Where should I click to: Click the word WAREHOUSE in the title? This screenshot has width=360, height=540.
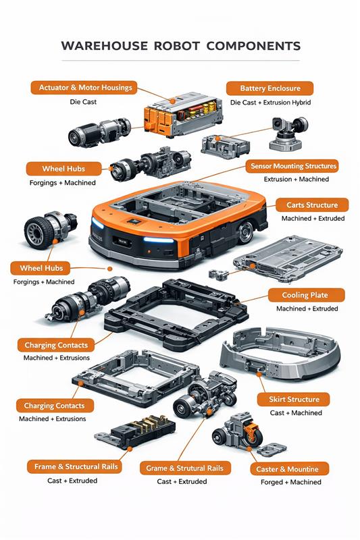[x=105, y=46]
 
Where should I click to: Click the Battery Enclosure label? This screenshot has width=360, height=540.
[x=269, y=88]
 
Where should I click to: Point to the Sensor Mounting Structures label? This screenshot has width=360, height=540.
[x=292, y=166]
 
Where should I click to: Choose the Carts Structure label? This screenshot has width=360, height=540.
[x=312, y=205]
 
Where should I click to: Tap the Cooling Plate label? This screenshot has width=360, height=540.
[x=306, y=295]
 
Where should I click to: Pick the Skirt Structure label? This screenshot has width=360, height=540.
[x=294, y=400]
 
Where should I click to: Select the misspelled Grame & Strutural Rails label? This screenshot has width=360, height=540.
[x=185, y=468]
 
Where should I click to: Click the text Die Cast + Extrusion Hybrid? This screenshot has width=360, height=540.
[x=270, y=103]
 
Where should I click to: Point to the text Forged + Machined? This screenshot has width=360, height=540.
[x=290, y=482]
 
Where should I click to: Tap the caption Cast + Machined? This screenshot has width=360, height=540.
[x=296, y=412]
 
